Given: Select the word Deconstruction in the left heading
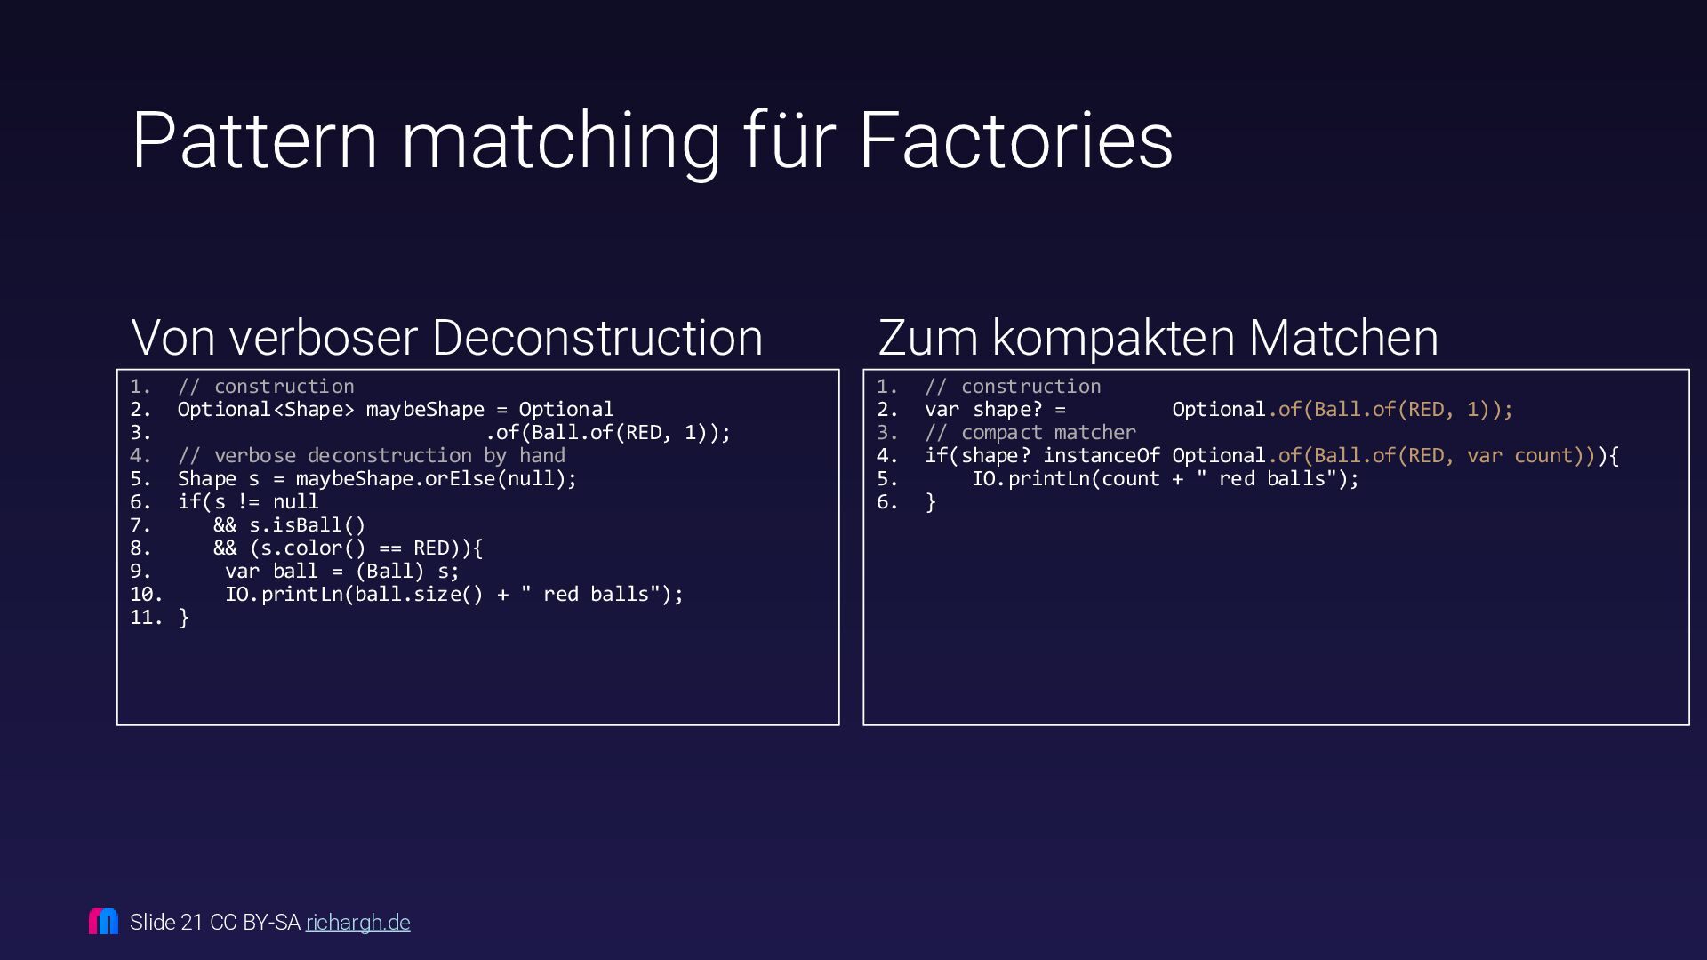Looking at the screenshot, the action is (x=597, y=338).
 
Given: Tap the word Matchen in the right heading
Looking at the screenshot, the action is (x=1342, y=338).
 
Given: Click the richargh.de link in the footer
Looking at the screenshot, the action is (x=357, y=923).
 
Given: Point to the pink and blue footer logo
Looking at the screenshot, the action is (x=103, y=921).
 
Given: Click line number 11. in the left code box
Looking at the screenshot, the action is (x=146, y=618).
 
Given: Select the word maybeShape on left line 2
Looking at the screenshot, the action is (x=425, y=410).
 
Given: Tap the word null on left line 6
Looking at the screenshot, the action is (x=295, y=502).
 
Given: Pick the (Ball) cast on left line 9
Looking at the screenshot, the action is (x=389, y=572).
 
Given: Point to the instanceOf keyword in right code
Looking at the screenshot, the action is (x=1101, y=456).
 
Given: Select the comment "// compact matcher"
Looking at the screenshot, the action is (x=1030, y=433).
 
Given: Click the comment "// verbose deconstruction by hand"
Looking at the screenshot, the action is (x=371, y=456).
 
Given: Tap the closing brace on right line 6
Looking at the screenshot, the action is (x=930, y=502).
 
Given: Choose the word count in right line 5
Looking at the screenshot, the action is (x=1130, y=479).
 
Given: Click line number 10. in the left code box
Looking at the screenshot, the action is (x=146, y=595).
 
